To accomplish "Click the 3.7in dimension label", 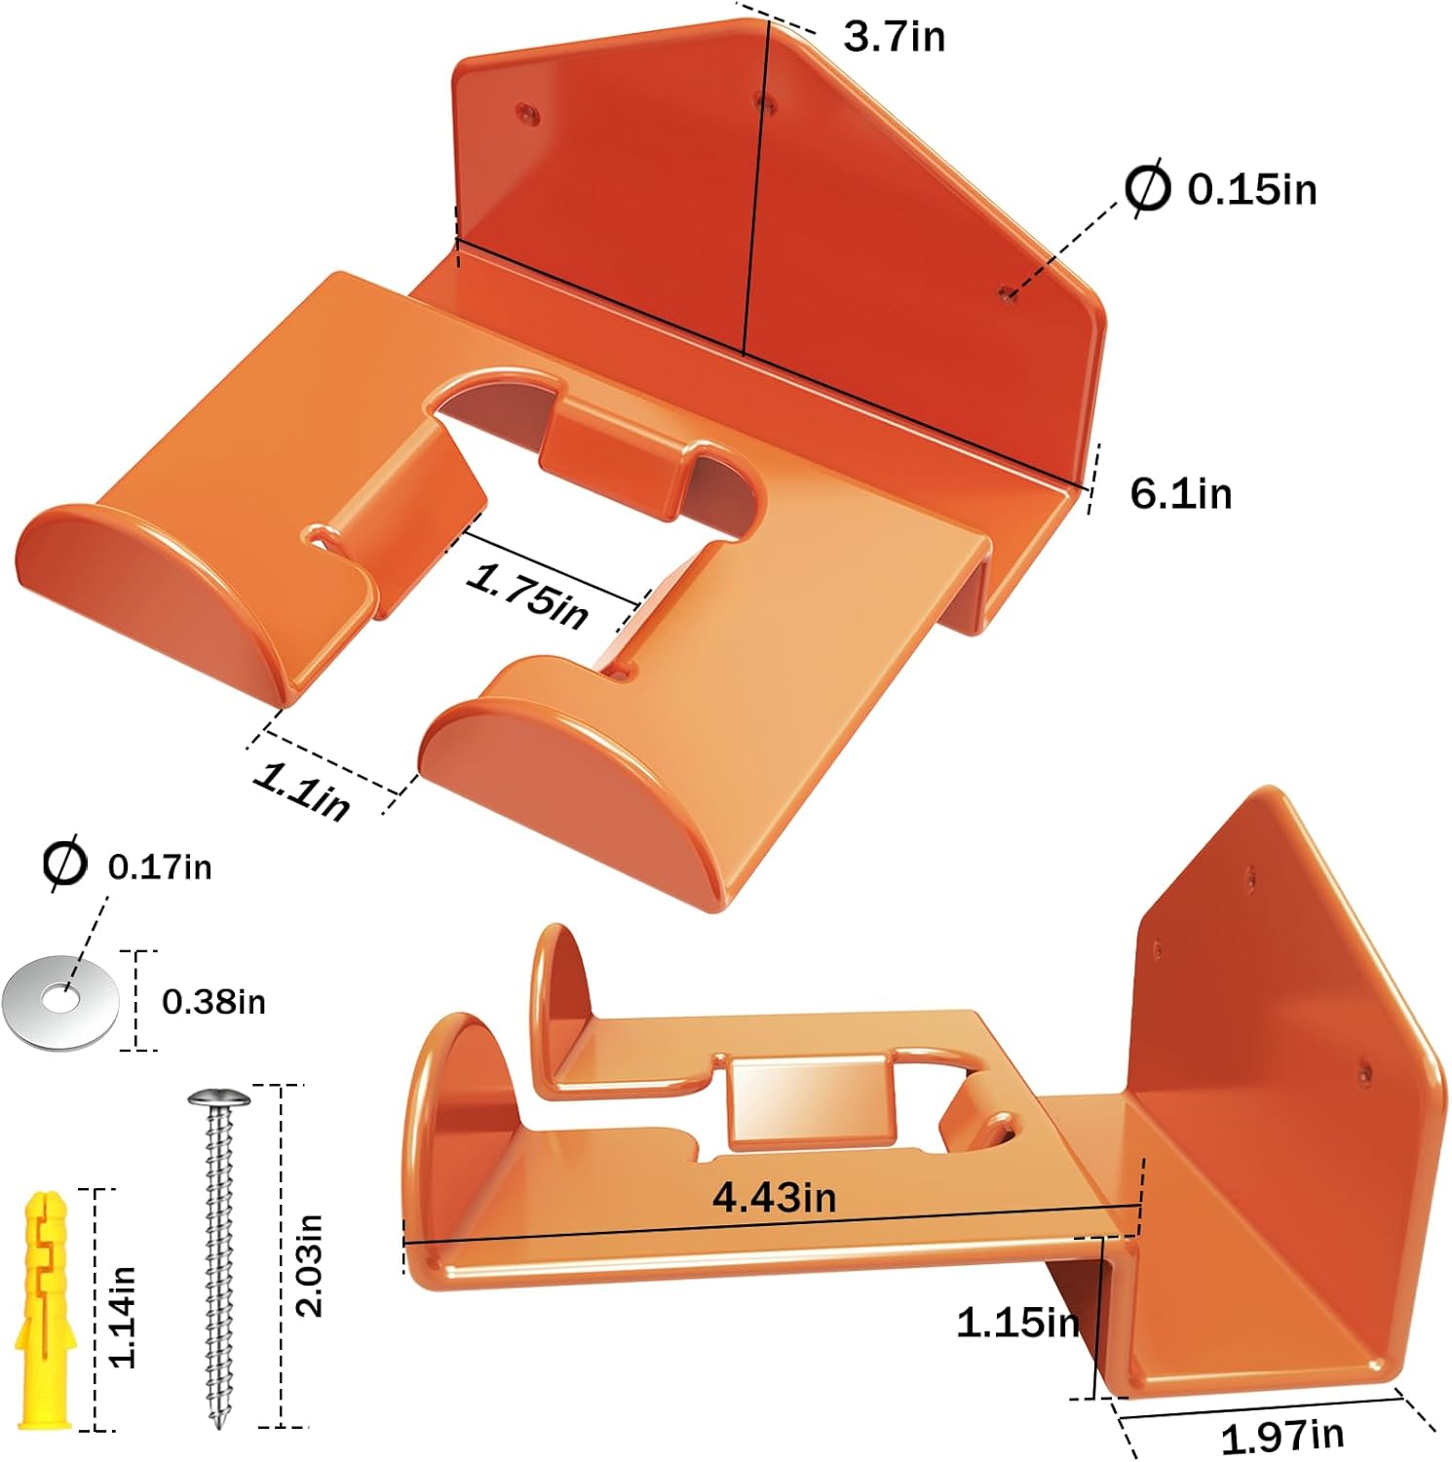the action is [x=894, y=37].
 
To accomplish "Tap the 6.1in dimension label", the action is [x=1181, y=493].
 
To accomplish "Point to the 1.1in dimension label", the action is [x=301, y=791].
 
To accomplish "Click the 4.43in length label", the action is [x=775, y=1196].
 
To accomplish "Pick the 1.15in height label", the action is [x=1018, y=1323].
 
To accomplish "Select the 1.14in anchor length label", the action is [x=122, y=1317].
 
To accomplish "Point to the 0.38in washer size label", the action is [x=213, y=1002].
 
